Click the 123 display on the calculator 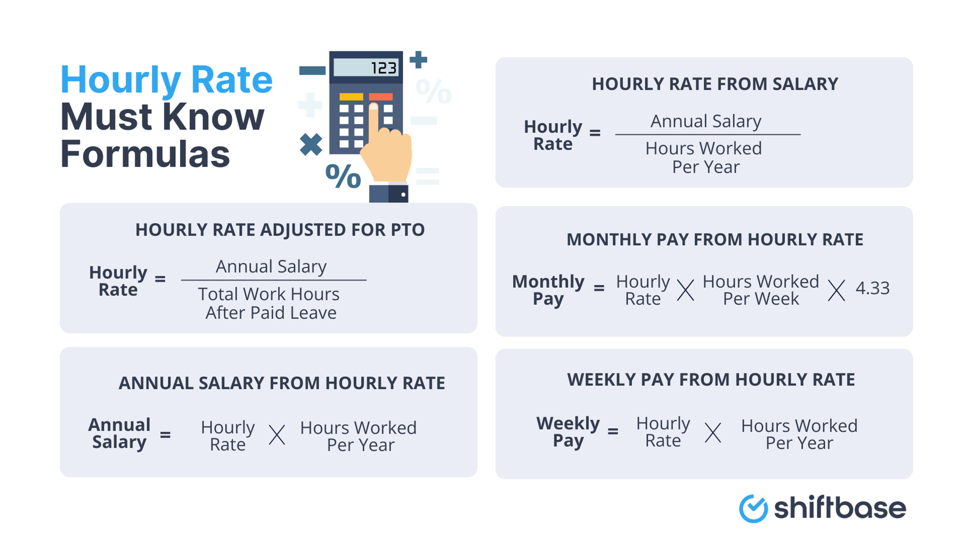[366, 68]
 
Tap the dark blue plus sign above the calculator [418, 59]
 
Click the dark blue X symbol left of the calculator [311, 144]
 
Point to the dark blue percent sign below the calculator [343, 176]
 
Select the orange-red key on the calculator [381, 97]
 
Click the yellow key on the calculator [351, 97]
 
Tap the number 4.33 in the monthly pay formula [872, 288]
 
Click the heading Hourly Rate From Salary [715, 84]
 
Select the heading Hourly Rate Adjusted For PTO [280, 230]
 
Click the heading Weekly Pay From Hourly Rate [711, 379]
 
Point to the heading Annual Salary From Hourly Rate [281, 383]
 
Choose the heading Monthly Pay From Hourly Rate [715, 240]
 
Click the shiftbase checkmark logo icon [753, 508]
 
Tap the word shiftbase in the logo [840, 508]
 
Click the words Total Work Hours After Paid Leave [270, 303]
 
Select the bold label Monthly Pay [548, 289]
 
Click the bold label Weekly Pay [567, 432]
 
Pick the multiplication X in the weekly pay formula [713, 433]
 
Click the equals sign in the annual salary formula [165, 435]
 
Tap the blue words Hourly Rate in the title [166, 79]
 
